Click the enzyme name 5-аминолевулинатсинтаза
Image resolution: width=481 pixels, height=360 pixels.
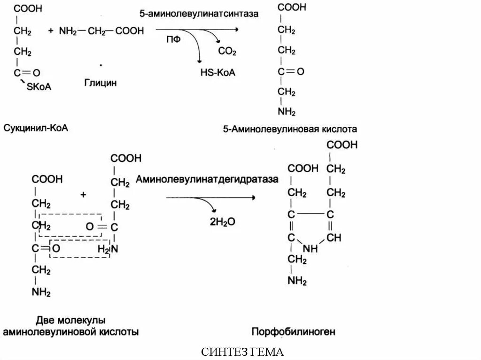(x=199, y=14)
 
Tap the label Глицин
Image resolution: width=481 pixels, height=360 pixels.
(x=101, y=83)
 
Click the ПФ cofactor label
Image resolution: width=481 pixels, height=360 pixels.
(x=173, y=40)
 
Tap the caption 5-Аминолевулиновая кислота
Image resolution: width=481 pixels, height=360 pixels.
(x=290, y=128)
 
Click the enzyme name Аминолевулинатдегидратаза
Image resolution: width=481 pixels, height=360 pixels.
(x=207, y=179)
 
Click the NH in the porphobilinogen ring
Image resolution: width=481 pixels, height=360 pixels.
(x=310, y=248)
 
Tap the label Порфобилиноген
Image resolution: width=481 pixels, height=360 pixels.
(x=294, y=332)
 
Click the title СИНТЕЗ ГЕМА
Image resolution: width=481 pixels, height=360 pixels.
(x=243, y=352)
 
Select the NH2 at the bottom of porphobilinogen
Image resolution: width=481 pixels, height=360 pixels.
(x=297, y=281)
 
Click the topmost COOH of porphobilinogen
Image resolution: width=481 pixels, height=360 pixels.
(x=342, y=145)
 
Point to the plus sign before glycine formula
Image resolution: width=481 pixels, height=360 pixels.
(x=51, y=31)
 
